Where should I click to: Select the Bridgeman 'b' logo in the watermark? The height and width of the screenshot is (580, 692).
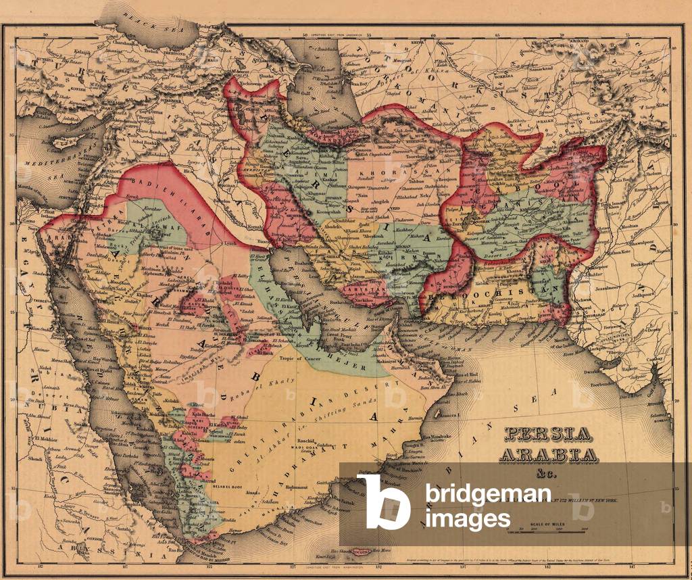pos(383,501)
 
